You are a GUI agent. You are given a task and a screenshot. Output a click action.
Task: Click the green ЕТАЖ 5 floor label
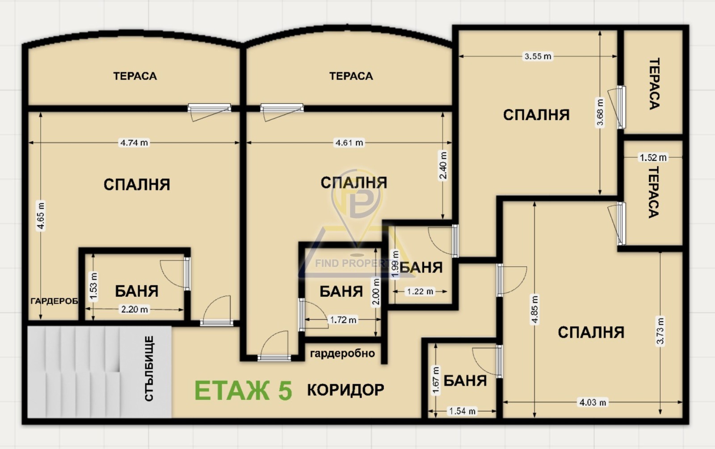click(243, 390)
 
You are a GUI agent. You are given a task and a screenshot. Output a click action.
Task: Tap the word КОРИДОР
click(345, 390)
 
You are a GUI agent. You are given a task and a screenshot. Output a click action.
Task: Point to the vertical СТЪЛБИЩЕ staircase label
click(149, 369)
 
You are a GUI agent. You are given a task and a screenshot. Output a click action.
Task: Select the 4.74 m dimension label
click(134, 143)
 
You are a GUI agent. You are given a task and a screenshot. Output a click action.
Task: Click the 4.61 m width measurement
click(349, 143)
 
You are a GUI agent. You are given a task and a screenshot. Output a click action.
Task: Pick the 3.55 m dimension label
click(538, 56)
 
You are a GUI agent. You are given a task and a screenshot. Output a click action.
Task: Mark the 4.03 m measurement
click(593, 403)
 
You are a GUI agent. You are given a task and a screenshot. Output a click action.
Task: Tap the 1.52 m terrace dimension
click(653, 157)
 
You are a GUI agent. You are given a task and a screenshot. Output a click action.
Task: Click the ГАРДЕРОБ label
click(54, 301)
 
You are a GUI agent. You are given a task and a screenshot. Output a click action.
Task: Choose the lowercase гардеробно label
click(342, 353)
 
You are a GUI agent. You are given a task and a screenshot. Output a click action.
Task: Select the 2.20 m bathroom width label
click(135, 309)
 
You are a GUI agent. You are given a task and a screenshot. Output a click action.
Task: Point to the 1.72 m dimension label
click(343, 320)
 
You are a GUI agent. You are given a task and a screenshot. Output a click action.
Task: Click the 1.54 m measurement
click(462, 411)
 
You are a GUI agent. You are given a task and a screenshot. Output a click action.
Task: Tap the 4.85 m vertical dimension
click(535, 309)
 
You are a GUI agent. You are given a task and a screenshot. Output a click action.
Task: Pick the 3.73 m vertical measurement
click(660, 331)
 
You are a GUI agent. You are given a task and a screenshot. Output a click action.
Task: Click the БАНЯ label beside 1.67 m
click(465, 381)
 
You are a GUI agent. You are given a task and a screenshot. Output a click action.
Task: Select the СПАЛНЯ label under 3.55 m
click(536, 115)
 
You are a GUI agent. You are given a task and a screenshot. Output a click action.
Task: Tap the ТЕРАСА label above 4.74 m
click(135, 76)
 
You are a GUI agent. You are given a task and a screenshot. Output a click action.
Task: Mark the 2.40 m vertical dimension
click(443, 165)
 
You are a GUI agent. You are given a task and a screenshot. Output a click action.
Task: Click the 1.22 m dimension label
click(420, 292)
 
